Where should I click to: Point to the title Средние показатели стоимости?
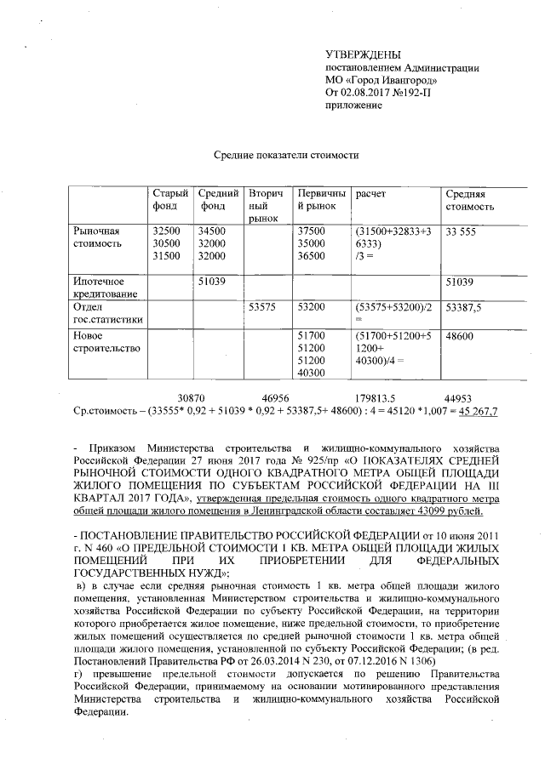point(285,156)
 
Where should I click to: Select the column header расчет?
point(371,195)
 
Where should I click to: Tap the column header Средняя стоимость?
point(469,200)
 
